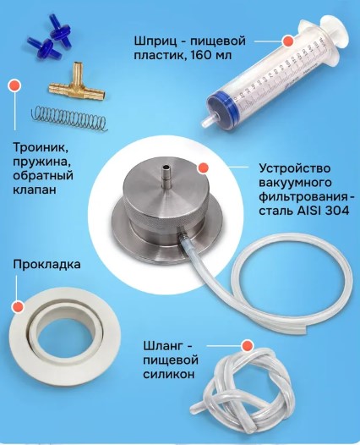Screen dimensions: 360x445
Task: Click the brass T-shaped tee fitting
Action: tap(77, 87)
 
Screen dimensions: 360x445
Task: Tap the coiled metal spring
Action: tap(69, 118)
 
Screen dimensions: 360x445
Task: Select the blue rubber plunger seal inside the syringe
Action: tap(221, 106)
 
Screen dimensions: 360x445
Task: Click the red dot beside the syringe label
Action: tap(288, 41)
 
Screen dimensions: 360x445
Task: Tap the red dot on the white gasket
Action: tap(18, 307)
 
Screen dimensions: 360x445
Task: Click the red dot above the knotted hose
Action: tap(247, 346)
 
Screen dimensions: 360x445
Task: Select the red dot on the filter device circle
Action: tap(204, 168)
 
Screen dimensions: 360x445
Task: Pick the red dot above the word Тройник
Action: tap(14, 85)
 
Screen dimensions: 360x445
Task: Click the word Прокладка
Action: tap(46, 265)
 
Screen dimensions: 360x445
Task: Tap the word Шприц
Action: tap(155, 41)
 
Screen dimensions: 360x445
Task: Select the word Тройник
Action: tap(41, 148)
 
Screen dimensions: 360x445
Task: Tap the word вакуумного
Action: tap(295, 183)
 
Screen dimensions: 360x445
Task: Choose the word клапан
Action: tap(35, 190)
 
